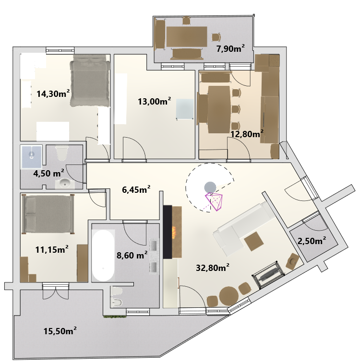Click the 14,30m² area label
pyautogui.click(x=53, y=94)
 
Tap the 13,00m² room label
pyautogui.click(x=154, y=101)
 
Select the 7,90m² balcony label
pyautogui.click(x=230, y=48)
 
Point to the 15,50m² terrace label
pyautogui.click(x=60, y=331)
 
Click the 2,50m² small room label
pyautogui.click(x=312, y=241)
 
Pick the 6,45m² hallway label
pyautogui.click(x=136, y=189)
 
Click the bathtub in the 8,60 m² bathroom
pyautogui.click(x=103, y=256)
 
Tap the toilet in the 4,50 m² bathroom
pyautogui.click(x=62, y=152)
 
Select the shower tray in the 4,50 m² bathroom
pyautogui.click(x=31, y=156)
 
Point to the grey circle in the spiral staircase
pyautogui.click(x=210, y=187)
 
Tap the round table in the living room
pyautogui.click(x=228, y=296)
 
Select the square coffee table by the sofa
pyautogui.click(x=254, y=242)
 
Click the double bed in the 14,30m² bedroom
pyautogui.click(x=90, y=81)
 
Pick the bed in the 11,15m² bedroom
pyautogui.click(x=48, y=214)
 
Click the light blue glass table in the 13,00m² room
pyautogui.click(x=185, y=109)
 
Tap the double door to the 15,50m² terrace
pyautogui.click(x=56, y=291)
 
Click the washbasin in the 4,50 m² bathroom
pyautogui.click(x=65, y=184)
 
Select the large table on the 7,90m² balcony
pyautogui.click(x=187, y=36)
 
